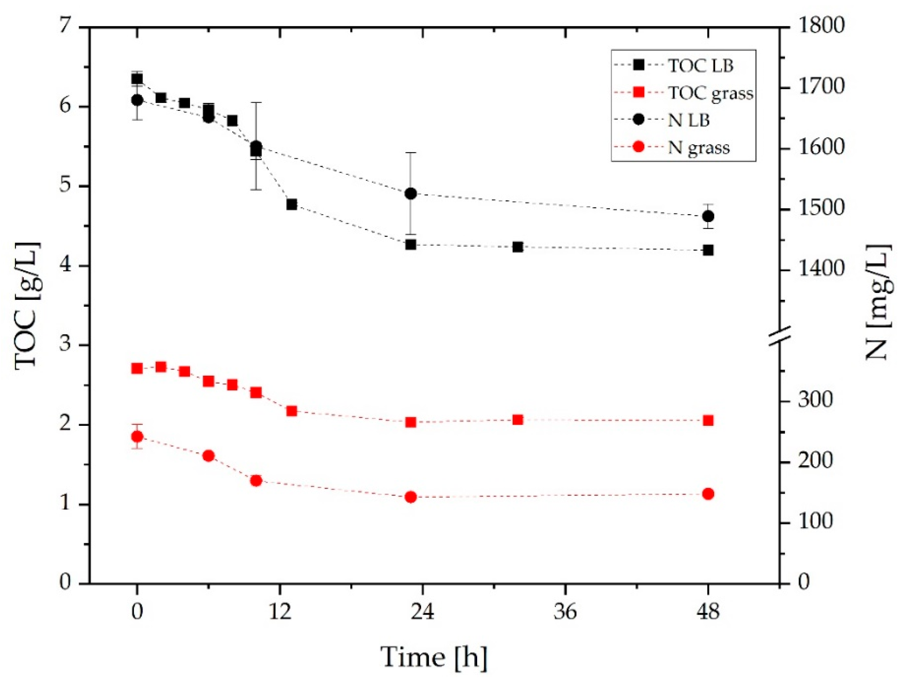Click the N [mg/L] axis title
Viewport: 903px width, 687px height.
(x=878, y=303)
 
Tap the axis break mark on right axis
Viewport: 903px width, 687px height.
(x=779, y=337)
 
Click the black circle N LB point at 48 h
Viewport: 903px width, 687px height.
(x=708, y=216)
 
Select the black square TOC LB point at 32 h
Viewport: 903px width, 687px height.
(x=518, y=247)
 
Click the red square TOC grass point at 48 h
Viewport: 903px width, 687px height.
(x=708, y=420)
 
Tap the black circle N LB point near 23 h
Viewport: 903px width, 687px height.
(x=411, y=194)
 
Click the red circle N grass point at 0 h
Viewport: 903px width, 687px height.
(x=137, y=437)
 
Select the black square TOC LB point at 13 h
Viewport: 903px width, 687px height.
(x=291, y=204)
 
